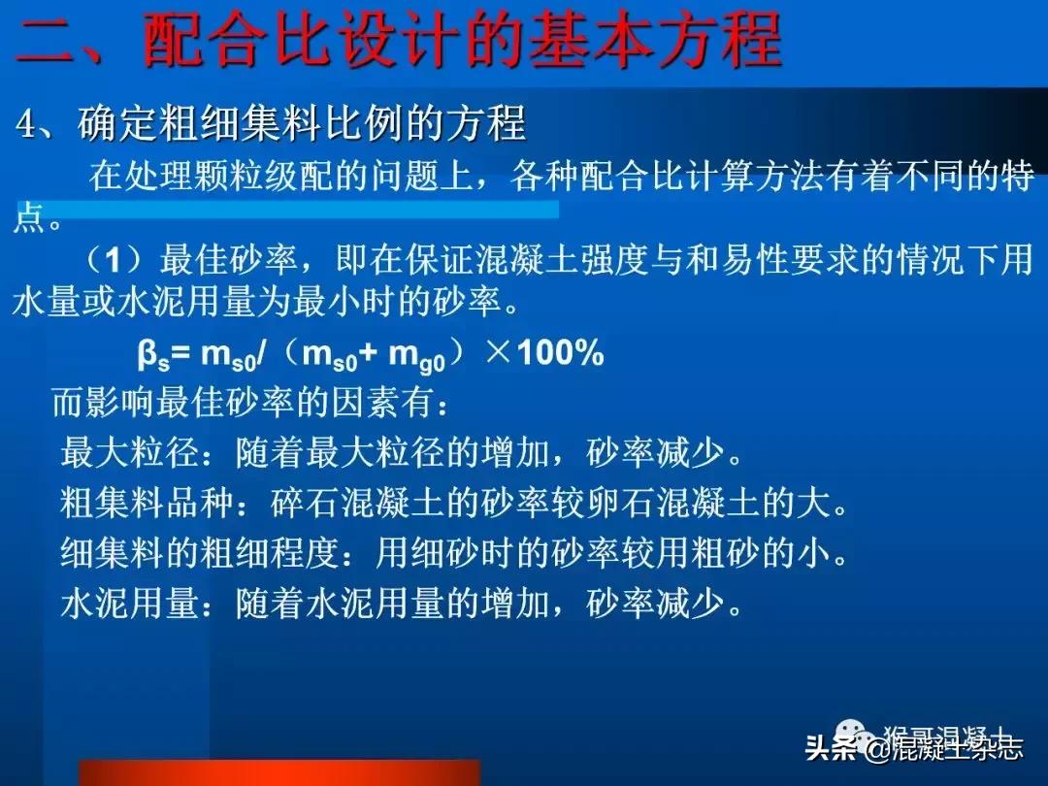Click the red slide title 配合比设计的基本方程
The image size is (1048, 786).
462,41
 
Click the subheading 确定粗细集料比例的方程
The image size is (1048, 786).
301,124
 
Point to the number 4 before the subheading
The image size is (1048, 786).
26,125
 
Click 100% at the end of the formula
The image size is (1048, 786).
560,354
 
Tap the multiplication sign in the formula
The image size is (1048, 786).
496,354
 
